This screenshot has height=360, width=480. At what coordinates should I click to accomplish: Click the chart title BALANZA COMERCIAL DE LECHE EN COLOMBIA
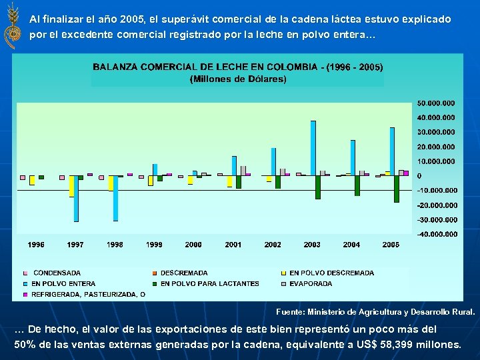click(x=237, y=67)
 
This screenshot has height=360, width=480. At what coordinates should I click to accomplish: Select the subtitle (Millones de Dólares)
click(x=238, y=79)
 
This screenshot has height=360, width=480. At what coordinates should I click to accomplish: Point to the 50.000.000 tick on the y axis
click(x=436, y=103)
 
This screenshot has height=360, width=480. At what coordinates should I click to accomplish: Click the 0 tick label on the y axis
click(x=419, y=176)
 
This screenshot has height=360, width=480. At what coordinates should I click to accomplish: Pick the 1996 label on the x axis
click(x=36, y=245)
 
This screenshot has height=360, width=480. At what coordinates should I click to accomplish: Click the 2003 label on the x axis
click(x=312, y=245)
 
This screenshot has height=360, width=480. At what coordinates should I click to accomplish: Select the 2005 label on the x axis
click(x=391, y=245)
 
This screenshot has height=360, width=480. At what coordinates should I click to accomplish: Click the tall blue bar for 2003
click(x=313, y=148)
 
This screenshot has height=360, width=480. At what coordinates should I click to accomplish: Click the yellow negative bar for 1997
click(x=71, y=186)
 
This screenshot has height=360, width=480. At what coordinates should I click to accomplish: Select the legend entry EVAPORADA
click(x=311, y=283)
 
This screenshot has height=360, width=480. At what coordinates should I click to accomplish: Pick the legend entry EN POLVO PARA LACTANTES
click(x=209, y=283)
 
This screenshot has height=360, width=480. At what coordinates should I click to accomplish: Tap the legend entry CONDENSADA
click(x=57, y=273)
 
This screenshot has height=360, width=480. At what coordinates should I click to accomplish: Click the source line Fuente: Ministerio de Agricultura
click(x=375, y=311)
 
